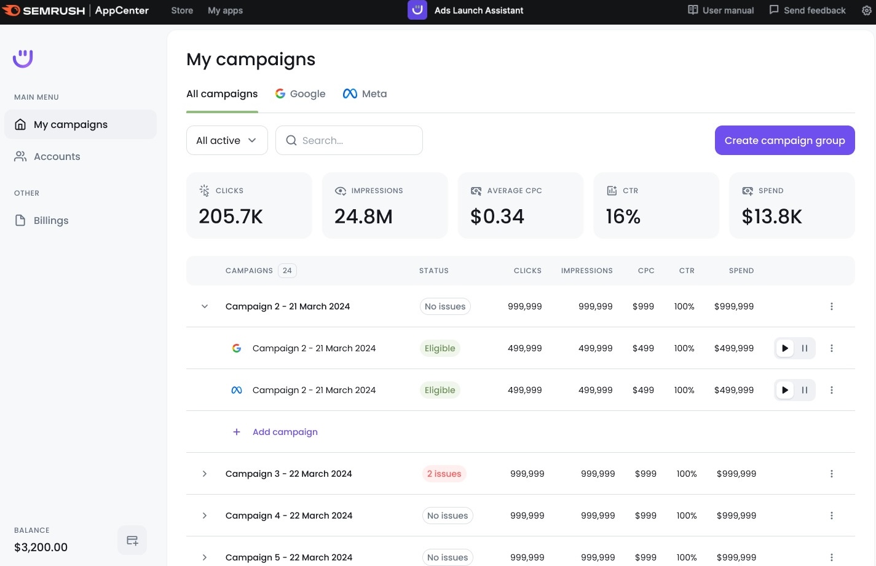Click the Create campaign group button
click(x=784, y=140)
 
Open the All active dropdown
click(x=227, y=140)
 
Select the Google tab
click(x=301, y=94)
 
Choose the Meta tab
click(x=365, y=94)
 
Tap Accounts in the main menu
click(x=57, y=156)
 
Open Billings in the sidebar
click(x=51, y=220)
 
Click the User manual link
click(x=721, y=10)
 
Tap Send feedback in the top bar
click(x=808, y=10)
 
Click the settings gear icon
click(x=866, y=10)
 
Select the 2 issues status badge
click(x=444, y=474)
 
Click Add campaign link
click(x=285, y=432)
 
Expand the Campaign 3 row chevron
click(x=205, y=474)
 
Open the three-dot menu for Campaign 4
click(x=832, y=516)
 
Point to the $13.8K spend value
click(x=771, y=217)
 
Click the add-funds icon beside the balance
click(x=132, y=540)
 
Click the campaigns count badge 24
click(x=287, y=271)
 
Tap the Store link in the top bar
click(x=182, y=10)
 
